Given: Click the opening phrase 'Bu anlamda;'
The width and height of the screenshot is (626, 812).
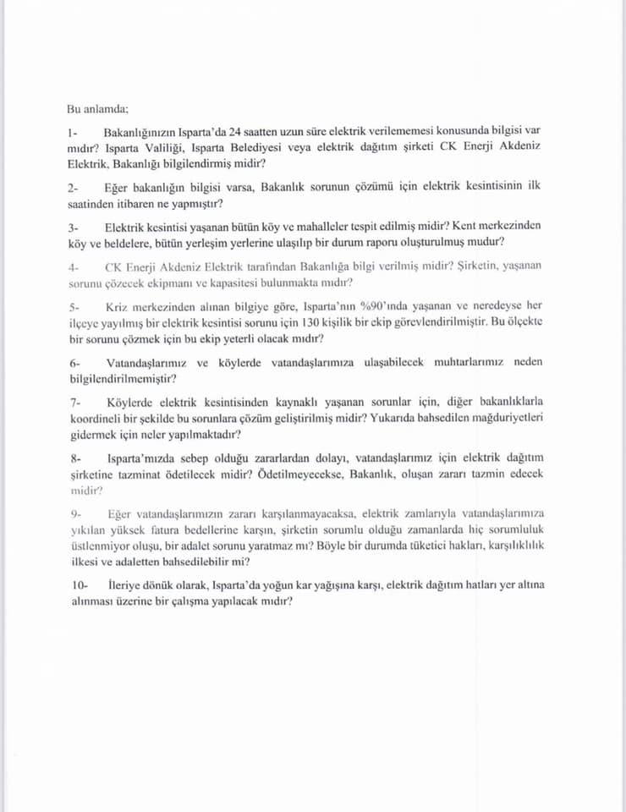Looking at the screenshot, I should click(x=97, y=108).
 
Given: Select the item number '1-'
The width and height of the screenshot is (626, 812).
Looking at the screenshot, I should click(x=74, y=134).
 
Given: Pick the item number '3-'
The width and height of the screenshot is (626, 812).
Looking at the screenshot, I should click(x=74, y=227).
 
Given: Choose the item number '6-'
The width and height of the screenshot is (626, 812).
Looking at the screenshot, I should click(x=74, y=362).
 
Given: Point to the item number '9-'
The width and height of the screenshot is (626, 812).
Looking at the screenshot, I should click(x=74, y=513).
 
